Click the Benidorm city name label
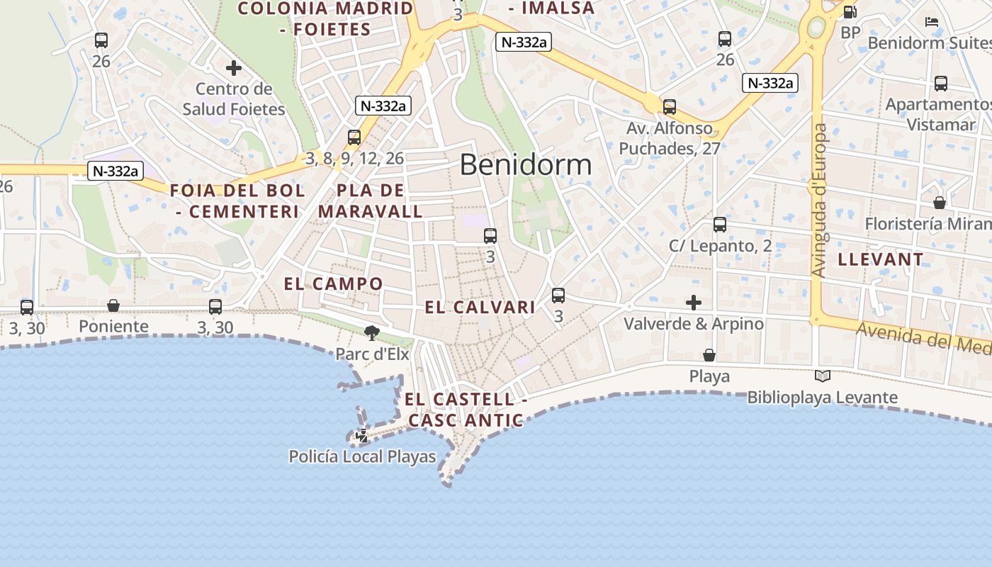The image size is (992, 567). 525,164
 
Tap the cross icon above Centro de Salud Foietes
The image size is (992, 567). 234,68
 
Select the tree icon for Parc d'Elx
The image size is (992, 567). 371,332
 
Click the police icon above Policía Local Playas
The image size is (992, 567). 362,435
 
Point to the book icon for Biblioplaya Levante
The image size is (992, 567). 822,376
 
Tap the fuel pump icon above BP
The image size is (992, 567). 850,11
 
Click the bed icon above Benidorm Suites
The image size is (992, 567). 932,22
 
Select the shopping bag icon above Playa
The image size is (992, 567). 709,354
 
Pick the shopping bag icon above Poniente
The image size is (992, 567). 113,305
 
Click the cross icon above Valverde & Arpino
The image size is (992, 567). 694,303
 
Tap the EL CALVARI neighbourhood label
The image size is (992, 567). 480,307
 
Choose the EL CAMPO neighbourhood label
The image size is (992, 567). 333,284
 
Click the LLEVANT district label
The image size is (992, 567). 881,259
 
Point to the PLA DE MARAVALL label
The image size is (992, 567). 371,201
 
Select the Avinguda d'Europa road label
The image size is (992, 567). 819,201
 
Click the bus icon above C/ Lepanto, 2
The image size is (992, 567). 720,225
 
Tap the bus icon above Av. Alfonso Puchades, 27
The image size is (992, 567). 670,107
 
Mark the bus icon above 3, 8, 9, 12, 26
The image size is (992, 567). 354,137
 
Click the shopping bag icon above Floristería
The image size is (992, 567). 940,203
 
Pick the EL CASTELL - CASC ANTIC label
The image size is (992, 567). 466,410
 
